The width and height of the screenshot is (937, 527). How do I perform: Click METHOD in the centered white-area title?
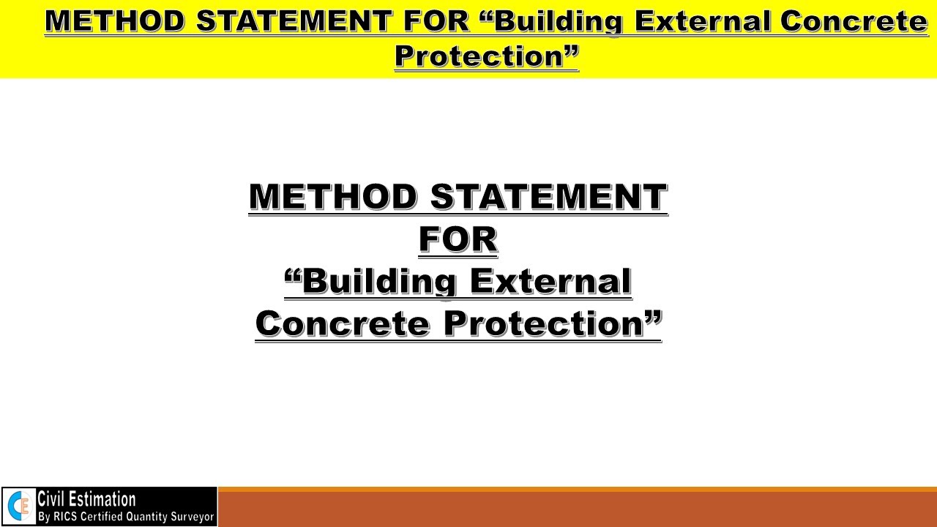tap(334, 197)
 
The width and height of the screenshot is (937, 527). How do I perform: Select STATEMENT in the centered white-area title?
tap(548, 197)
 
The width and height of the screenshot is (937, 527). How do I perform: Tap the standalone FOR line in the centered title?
tap(458, 239)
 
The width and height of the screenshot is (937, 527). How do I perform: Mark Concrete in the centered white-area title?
tap(343, 324)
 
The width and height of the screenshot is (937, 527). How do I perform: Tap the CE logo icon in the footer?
tap(19, 507)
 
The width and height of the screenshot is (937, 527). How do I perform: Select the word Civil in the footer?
tap(53, 499)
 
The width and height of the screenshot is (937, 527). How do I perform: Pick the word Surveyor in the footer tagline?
tap(191, 517)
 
